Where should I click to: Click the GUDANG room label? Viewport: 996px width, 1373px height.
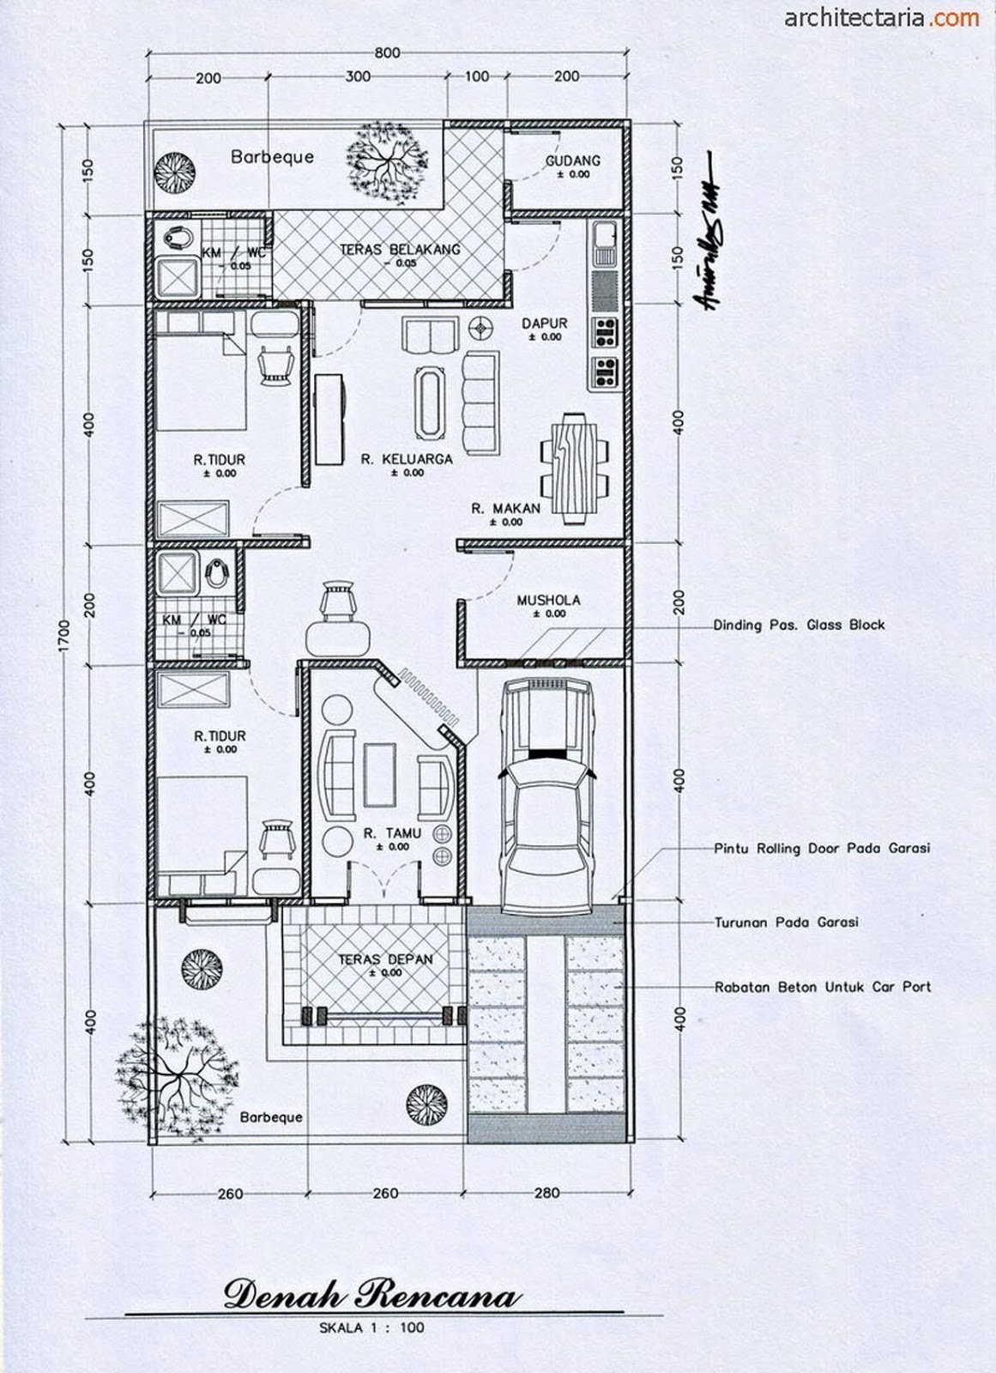572,160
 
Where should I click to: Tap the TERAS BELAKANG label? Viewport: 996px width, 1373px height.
400,250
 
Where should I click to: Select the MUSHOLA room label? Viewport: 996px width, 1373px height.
548,601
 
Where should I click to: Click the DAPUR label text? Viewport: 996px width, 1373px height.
544,324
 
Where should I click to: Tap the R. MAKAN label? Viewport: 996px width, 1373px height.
505,509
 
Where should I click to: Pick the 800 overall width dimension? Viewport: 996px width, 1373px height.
387,53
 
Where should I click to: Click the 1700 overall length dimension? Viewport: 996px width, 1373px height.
65,635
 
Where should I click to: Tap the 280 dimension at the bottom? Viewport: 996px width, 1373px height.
546,1193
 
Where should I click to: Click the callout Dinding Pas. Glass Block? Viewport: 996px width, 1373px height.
798,626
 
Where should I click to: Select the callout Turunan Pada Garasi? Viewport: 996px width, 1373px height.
786,923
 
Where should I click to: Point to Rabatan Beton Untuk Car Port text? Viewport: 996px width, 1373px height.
822,988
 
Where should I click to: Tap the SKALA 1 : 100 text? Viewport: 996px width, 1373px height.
371,1328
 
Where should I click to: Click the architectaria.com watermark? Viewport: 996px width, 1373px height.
881,17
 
